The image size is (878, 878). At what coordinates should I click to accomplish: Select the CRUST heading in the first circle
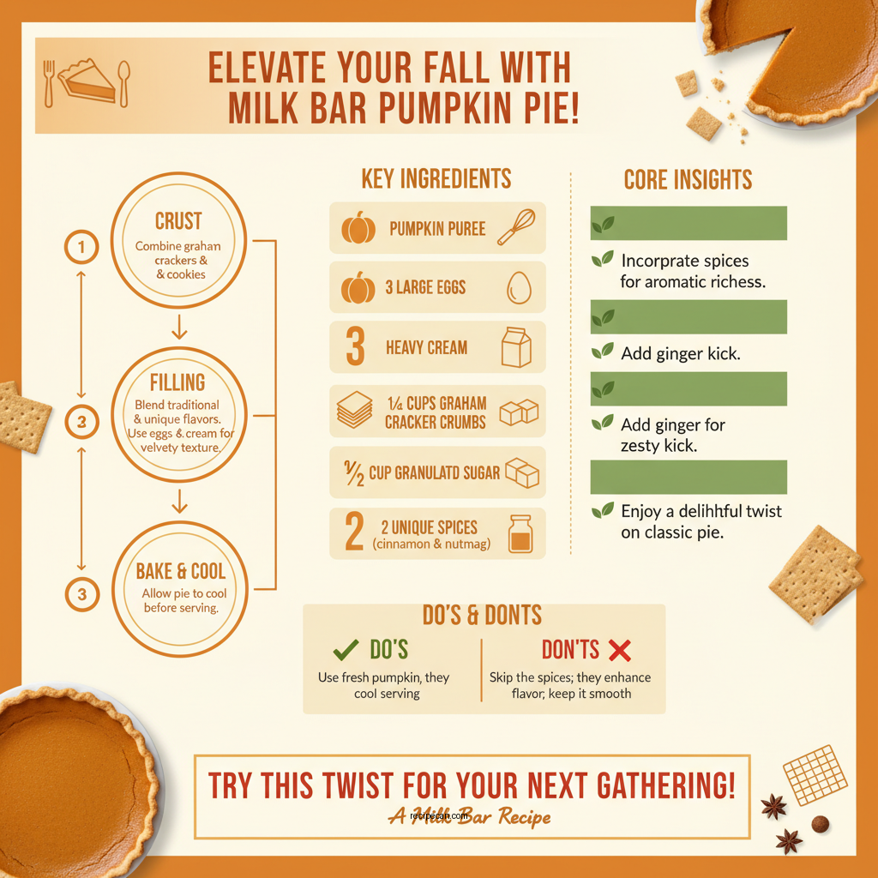click(x=178, y=220)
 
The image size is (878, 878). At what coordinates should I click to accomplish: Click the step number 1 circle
click(x=81, y=249)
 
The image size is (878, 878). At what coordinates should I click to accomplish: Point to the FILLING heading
click(x=177, y=382)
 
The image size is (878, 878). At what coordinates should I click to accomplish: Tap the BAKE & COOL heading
click(x=180, y=571)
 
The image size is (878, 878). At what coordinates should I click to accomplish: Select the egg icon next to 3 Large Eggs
click(x=519, y=287)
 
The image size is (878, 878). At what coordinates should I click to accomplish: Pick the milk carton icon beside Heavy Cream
click(x=516, y=347)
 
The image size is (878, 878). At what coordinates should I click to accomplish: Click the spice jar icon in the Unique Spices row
click(x=520, y=533)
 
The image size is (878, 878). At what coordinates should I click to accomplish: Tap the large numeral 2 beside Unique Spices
click(x=354, y=532)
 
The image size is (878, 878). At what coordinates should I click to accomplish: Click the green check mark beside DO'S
click(x=345, y=650)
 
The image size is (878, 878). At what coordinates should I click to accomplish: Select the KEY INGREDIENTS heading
click(x=436, y=178)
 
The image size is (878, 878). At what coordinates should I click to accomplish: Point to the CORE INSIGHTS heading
click(x=688, y=180)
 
